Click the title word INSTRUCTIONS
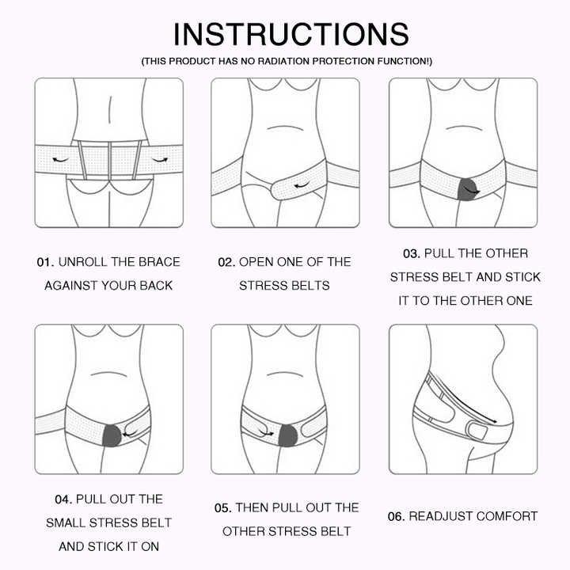[x=291, y=34]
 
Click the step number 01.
[x=45, y=262]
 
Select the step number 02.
[x=226, y=262]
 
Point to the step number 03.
[x=412, y=254]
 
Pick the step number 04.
[x=63, y=500]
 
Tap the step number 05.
[x=222, y=507]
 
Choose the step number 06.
[x=397, y=516]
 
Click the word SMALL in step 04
[x=66, y=522]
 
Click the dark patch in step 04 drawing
[x=112, y=436]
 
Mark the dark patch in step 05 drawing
[x=288, y=435]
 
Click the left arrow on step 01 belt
[x=60, y=160]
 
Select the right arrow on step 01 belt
[x=160, y=160]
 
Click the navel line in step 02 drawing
[x=285, y=127]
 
